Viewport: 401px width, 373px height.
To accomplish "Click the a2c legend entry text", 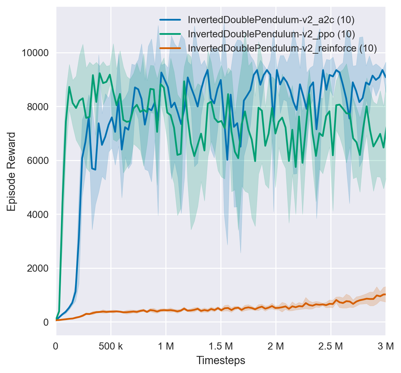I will tap(271, 20).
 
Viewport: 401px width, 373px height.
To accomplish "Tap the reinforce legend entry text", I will tap(282, 48).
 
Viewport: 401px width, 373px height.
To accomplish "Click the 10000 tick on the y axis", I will tap(35, 53).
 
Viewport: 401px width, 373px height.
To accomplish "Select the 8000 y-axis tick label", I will tap(38, 107).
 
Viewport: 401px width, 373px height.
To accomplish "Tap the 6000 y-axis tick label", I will tap(38, 160).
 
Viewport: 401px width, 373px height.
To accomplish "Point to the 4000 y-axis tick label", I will tap(38, 214).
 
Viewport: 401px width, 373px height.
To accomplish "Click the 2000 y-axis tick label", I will tap(38, 268).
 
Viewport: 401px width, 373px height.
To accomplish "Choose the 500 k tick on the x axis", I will tap(111, 346).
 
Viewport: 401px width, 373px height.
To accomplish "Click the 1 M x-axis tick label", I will tap(166, 346).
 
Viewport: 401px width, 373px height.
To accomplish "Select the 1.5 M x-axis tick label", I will tap(221, 346).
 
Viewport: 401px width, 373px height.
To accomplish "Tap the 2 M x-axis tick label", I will tap(276, 346).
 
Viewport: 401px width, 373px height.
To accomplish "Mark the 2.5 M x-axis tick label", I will tap(331, 346).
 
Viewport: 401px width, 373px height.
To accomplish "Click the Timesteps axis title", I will tap(221, 361).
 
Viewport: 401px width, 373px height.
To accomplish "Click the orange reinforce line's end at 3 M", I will tap(385, 294).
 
